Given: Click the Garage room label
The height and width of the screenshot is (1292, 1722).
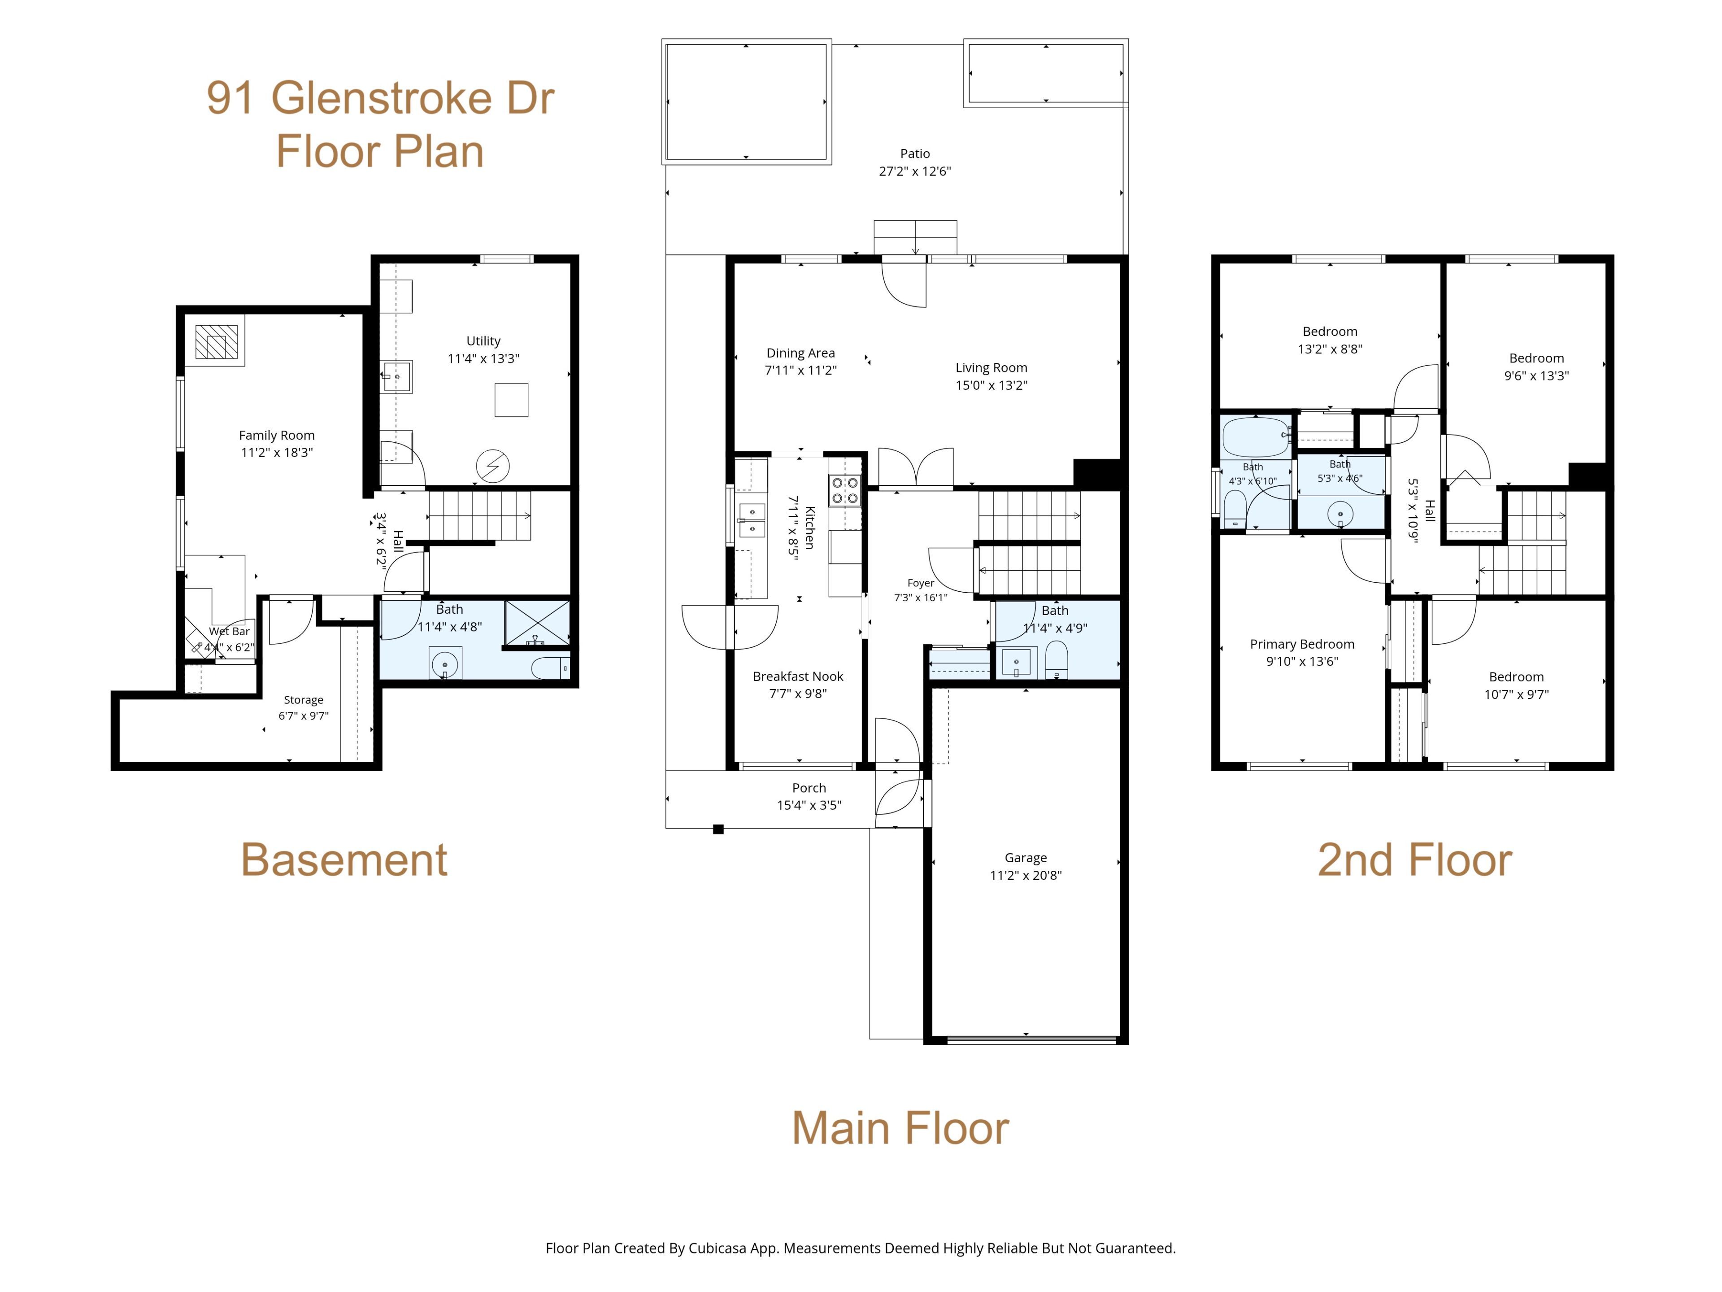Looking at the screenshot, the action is click(x=1025, y=857).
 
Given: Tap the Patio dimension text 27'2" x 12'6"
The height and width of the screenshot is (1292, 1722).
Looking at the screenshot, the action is click(x=915, y=171).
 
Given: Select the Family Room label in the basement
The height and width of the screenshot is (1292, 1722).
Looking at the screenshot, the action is click(x=276, y=435).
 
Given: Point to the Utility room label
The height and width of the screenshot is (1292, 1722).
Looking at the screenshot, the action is click(x=483, y=341).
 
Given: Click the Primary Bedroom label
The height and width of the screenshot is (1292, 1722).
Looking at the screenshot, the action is click(x=1302, y=644).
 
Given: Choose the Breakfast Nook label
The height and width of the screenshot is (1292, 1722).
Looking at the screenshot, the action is click(x=798, y=676).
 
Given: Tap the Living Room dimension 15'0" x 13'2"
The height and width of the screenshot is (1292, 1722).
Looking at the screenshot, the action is click(x=991, y=385).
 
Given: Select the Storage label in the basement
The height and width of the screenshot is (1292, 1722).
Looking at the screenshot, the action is click(x=304, y=700).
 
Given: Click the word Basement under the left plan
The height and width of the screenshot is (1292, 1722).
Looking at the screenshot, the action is click(x=344, y=860).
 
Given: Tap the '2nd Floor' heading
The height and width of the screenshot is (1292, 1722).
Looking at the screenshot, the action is click(x=1414, y=860).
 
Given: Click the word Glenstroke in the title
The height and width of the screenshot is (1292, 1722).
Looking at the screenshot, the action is click(x=381, y=99).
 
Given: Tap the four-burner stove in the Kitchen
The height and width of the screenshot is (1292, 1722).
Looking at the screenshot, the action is click(x=845, y=491).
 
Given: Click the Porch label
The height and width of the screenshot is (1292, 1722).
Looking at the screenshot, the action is click(x=809, y=788).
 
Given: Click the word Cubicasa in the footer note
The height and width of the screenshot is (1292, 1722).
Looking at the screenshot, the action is click(x=717, y=1248).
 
